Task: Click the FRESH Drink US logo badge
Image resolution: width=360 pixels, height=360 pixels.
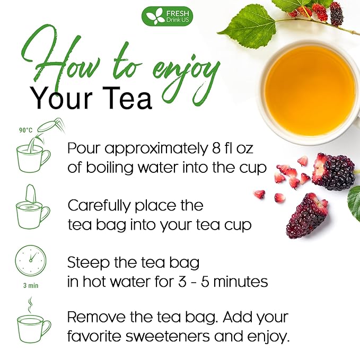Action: (x=167, y=16)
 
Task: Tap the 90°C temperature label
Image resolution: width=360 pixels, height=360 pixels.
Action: (x=25, y=129)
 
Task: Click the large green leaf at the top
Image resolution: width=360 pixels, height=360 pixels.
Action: (x=247, y=27)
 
